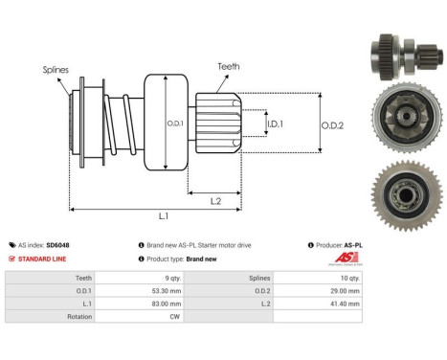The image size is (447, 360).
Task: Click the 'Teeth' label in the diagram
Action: coord(228,66)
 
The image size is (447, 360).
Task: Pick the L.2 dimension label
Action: coord(216,199)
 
